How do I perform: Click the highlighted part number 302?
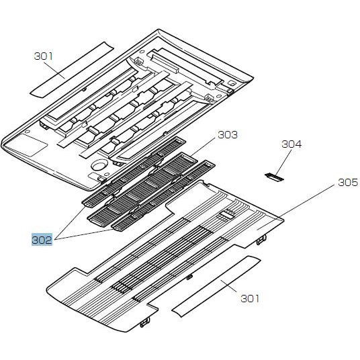42,240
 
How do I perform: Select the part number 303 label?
228,135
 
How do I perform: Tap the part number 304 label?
291,144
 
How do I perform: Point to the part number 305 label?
348,183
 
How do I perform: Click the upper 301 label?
44,56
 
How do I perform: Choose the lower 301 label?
250,299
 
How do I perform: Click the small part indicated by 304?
274,177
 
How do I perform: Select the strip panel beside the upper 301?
72,70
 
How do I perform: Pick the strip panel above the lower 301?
216,287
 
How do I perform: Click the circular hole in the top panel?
99,165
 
